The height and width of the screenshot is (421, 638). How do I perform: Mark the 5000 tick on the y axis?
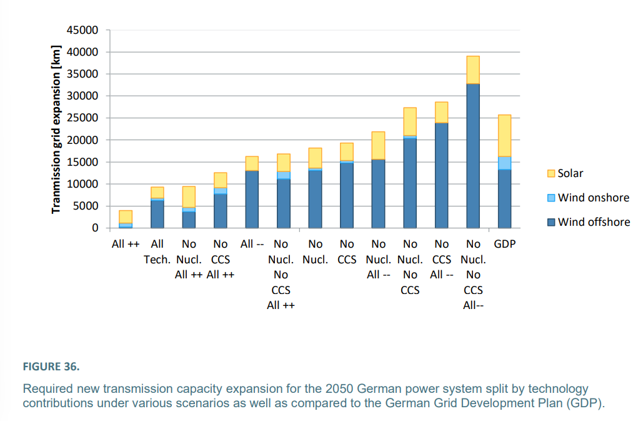coord(89,206)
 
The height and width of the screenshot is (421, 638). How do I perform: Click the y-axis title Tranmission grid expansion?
coord(57,129)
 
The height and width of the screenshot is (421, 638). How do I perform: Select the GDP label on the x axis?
coord(504,244)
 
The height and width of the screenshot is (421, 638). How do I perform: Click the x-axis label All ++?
coord(126,244)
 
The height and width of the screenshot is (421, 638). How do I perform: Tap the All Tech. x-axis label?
coord(157,251)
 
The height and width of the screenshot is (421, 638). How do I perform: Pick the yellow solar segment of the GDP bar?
coord(504,136)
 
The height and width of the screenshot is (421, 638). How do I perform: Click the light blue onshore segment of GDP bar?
coord(504,163)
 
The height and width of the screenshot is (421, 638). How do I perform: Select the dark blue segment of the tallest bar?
coord(473,156)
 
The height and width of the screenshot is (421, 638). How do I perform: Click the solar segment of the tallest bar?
coord(473,69)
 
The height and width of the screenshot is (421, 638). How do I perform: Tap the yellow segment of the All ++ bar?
coord(126,216)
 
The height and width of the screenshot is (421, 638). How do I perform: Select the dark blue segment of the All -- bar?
coord(252,199)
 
